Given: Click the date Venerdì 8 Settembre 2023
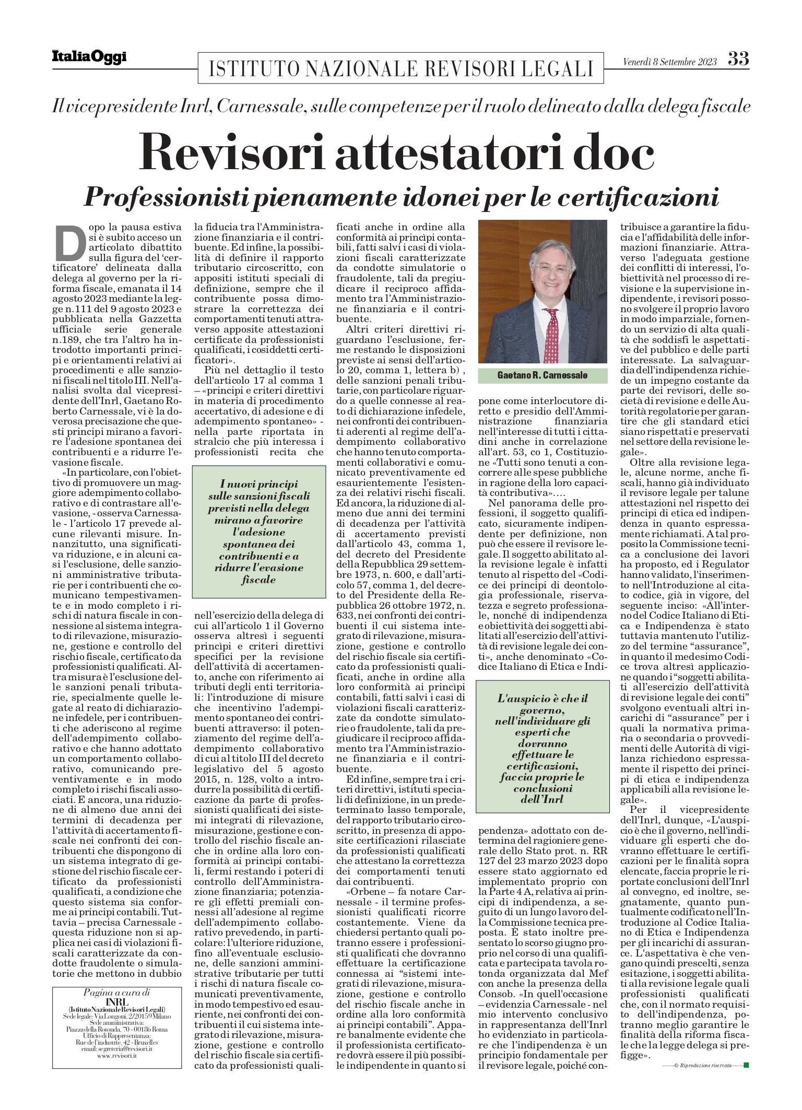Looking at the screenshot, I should click(670, 62).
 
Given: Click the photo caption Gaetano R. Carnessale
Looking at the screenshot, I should click(542, 376).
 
